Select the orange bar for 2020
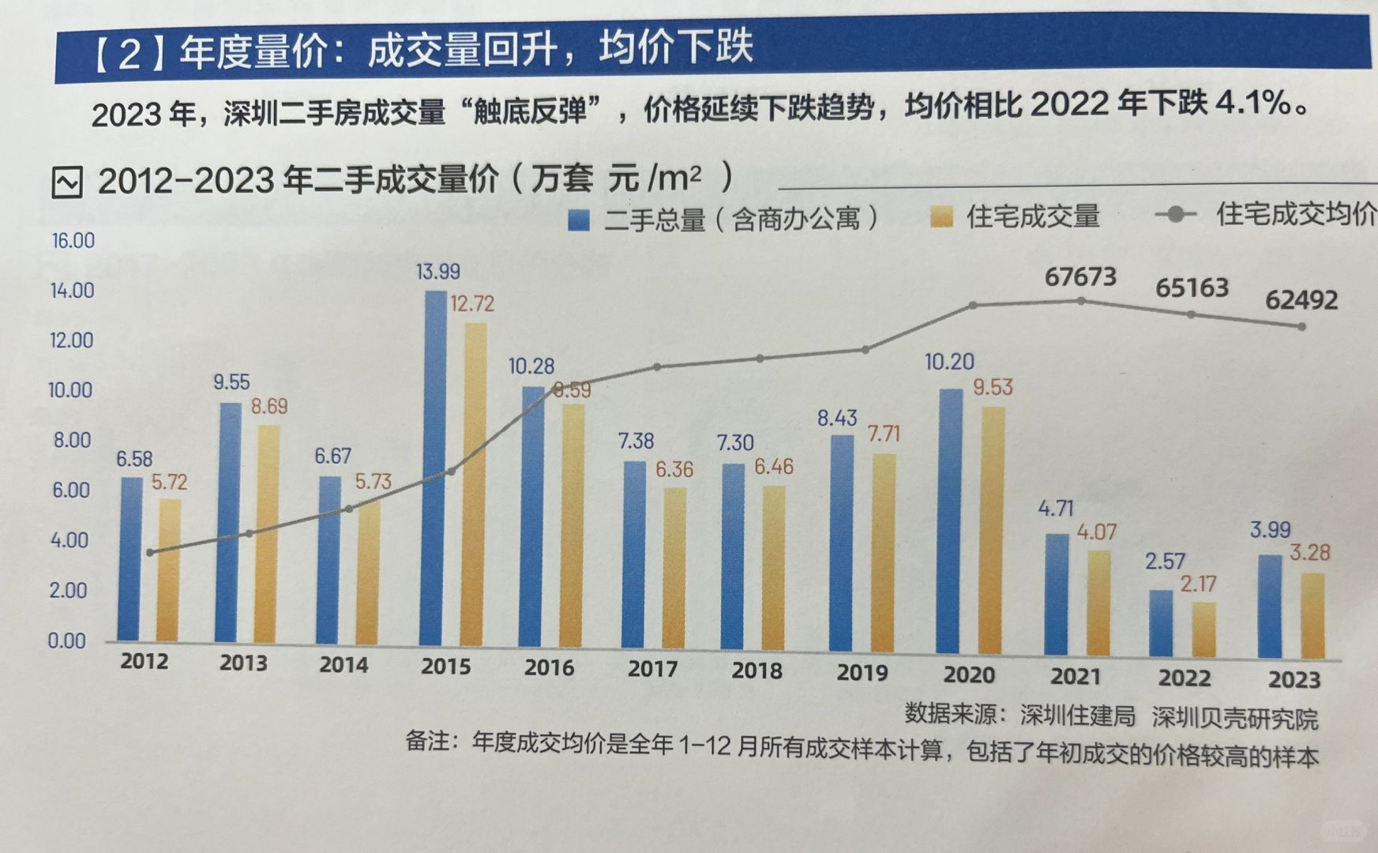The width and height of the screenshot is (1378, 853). (993, 529)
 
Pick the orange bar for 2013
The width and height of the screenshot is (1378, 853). (268, 533)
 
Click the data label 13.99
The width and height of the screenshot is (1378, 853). (438, 272)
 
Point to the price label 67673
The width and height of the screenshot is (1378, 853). (1080, 277)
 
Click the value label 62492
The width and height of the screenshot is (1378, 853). (1301, 300)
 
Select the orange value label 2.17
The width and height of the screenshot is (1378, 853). (1198, 584)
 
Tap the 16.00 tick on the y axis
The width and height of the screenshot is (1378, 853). (73, 241)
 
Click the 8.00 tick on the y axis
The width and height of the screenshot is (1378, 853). (73, 441)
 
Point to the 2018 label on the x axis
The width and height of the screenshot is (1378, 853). (757, 671)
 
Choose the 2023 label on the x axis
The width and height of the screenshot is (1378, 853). (1294, 679)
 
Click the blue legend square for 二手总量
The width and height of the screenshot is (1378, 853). (579, 220)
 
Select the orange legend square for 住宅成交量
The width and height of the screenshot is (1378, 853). (941, 217)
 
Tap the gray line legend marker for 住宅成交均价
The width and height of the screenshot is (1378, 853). (1176, 214)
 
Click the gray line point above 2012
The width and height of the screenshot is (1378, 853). (151, 552)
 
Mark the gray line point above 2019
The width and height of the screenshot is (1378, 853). (865, 349)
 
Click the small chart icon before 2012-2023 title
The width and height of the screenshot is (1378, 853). (67, 182)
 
